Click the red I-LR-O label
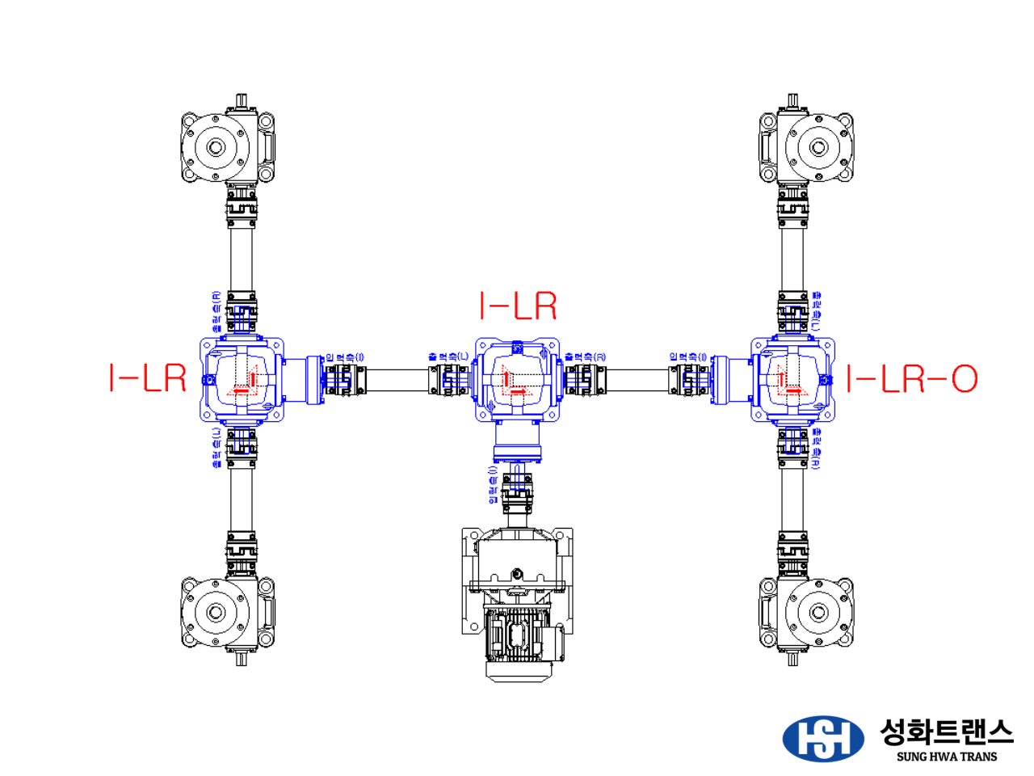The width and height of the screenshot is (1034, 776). coord(912,378)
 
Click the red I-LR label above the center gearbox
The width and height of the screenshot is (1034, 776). coord(518,306)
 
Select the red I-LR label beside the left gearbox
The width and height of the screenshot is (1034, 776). coord(148,377)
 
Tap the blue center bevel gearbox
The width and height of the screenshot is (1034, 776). coord(517,379)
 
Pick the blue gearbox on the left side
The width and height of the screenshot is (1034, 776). coord(242,379)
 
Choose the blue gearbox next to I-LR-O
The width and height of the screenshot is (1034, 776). coord(792,379)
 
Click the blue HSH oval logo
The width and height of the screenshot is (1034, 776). coord(822,738)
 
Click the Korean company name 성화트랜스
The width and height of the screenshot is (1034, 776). coord(946,732)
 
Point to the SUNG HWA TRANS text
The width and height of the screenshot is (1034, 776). coord(946,757)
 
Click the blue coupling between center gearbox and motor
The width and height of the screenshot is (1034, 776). coord(517,488)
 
